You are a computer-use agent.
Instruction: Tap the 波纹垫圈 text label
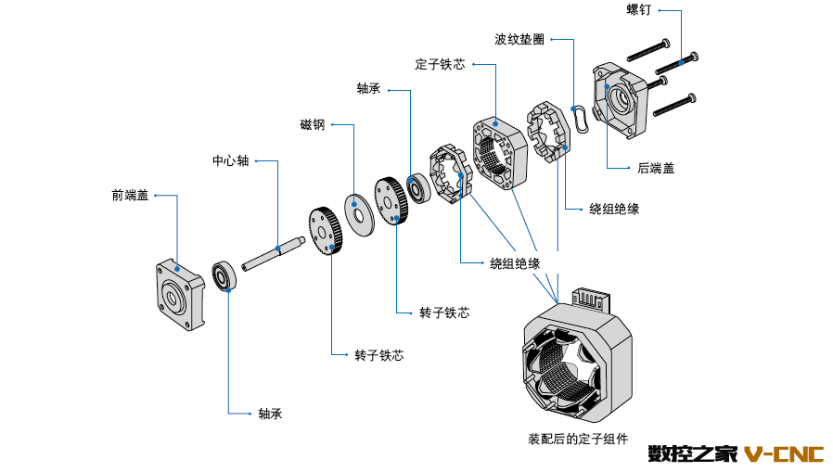(x=519, y=40)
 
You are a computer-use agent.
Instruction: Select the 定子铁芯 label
(x=440, y=65)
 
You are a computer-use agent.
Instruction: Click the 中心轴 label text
(x=230, y=160)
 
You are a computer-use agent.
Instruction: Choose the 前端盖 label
(x=130, y=196)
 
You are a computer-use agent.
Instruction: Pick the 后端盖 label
(x=656, y=168)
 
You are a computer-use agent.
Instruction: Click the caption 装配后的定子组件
(x=578, y=438)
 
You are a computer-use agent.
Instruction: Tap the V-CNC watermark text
(x=784, y=453)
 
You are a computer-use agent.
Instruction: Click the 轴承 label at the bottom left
(x=270, y=414)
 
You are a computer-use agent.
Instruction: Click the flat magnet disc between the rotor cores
(x=356, y=209)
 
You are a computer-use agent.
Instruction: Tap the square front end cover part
(x=177, y=294)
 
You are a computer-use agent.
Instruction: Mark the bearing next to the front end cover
(x=224, y=276)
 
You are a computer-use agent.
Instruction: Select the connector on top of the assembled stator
(x=590, y=298)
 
